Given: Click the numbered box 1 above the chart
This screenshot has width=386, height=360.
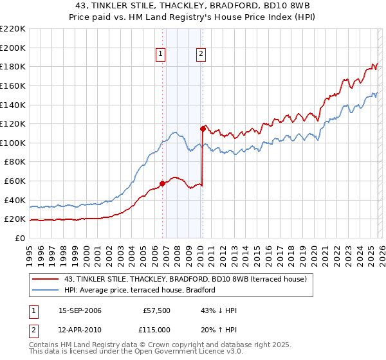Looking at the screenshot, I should [160, 55].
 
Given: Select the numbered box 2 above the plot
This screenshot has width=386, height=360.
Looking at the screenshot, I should [201, 55].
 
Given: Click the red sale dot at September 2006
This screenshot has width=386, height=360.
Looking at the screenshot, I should [162, 183].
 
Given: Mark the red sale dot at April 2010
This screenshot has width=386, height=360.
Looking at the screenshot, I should [203, 129].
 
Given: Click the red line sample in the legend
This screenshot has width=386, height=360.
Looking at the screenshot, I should [46, 279].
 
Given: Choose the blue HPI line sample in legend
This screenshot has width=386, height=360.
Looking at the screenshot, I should [46, 290].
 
